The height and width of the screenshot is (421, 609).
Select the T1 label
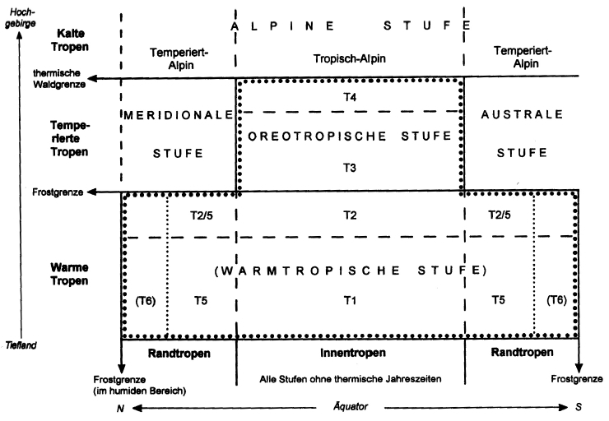pyautogui.click(x=350, y=300)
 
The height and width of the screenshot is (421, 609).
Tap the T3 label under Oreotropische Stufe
pyautogui.click(x=350, y=167)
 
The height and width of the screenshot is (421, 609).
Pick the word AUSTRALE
pyautogui.click(x=522, y=114)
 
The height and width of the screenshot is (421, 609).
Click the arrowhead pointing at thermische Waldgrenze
pyautogui.click(x=94, y=78)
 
